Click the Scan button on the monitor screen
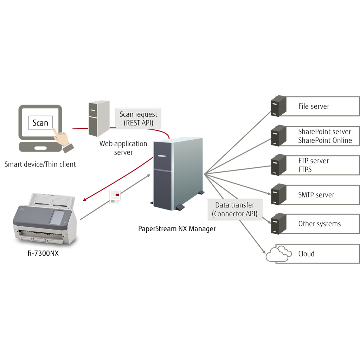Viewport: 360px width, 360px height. point(40,123)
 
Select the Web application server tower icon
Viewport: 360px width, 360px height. point(98,118)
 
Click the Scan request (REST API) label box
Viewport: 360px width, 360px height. point(139,118)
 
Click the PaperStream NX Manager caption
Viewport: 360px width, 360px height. point(176,229)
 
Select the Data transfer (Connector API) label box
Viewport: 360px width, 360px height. point(234,209)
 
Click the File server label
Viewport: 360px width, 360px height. point(314,106)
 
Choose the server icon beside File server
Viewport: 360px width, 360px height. point(278,106)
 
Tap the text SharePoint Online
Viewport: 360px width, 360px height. point(325,140)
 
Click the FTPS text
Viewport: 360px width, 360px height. point(305,169)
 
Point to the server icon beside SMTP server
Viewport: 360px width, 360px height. point(278,194)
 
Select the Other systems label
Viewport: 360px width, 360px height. point(319,224)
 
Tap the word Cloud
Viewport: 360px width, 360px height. point(306,254)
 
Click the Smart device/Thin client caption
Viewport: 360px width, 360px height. point(40,164)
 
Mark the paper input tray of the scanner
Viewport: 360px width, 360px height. point(52,200)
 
